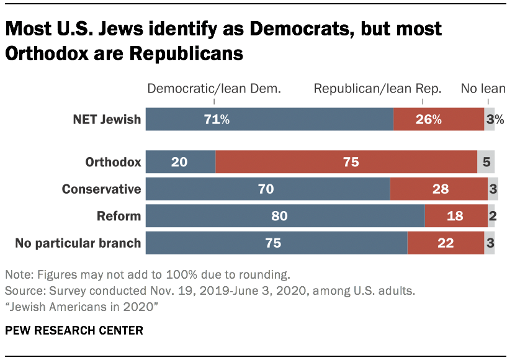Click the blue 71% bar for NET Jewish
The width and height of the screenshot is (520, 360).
(x=269, y=119)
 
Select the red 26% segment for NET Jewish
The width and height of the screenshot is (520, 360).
(x=438, y=119)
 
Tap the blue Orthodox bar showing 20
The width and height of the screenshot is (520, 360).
(x=181, y=162)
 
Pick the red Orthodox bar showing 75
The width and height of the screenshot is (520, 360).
(x=346, y=162)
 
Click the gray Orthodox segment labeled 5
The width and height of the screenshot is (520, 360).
(x=486, y=162)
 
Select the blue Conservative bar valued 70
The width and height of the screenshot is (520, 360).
(x=267, y=189)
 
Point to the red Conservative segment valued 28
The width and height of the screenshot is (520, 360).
(x=438, y=189)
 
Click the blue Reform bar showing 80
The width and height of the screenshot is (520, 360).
(x=285, y=216)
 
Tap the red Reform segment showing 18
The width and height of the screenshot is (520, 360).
(x=455, y=216)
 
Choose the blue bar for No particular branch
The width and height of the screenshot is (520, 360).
(x=276, y=243)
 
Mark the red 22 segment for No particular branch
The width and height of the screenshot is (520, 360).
(x=445, y=243)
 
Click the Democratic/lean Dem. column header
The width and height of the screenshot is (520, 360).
(x=214, y=89)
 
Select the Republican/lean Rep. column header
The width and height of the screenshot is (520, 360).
(x=377, y=89)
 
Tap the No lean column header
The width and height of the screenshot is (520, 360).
(x=483, y=89)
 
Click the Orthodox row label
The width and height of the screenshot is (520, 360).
(x=113, y=163)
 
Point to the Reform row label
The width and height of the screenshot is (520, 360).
(x=119, y=216)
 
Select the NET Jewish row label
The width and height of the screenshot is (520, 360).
(x=106, y=119)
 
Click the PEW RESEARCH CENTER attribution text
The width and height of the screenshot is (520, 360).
(x=74, y=330)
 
